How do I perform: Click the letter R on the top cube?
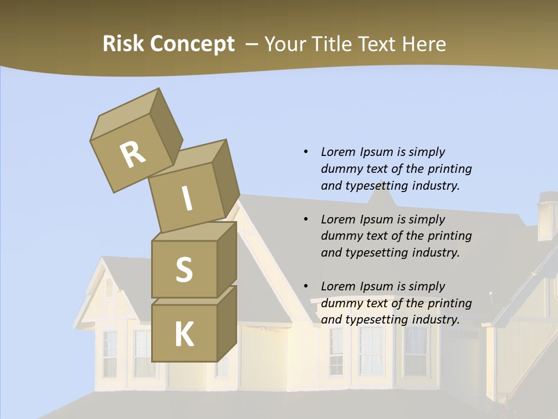[133, 155]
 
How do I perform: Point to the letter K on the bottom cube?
[184, 334]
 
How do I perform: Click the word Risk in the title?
[123, 44]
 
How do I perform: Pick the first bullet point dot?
[306, 152]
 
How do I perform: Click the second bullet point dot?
[306, 219]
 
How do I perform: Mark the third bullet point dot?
[306, 286]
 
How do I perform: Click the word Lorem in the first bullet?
[338, 152]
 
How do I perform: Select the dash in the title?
[252, 44]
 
